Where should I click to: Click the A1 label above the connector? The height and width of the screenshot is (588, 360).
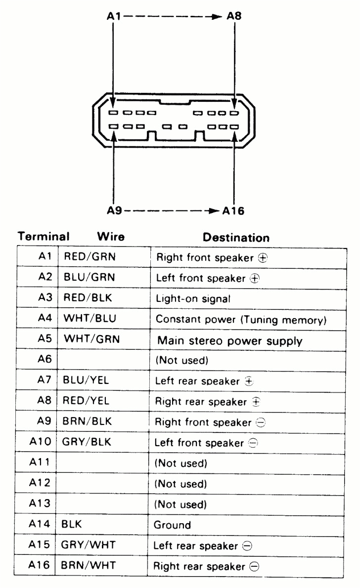pyautogui.click(x=114, y=16)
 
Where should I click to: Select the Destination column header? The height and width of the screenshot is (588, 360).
pyautogui.click(x=236, y=238)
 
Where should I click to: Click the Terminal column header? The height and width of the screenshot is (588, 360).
pyautogui.click(x=44, y=237)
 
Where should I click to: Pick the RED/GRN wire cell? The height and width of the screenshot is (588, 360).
pyautogui.click(x=89, y=257)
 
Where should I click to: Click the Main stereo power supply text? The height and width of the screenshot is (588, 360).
pyautogui.click(x=230, y=340)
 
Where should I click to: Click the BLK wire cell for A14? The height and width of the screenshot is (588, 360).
pyautogui.click(x=71, y=525)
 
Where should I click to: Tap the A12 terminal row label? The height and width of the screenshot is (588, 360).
pyautogui.click(x=43, y=483)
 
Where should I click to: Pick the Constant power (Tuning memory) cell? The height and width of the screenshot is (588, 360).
pyautogui.click(x=241, y=319)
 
